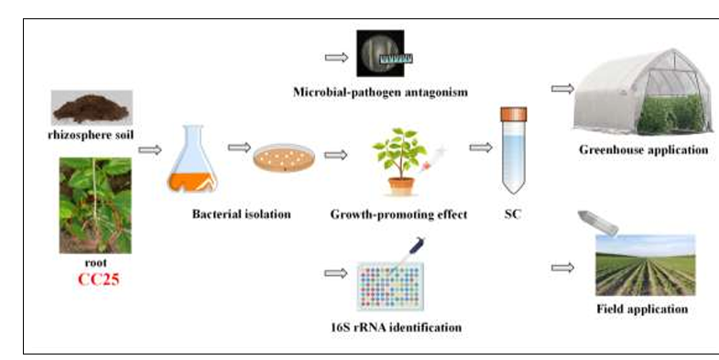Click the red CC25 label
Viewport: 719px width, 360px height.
(x=99, y=279)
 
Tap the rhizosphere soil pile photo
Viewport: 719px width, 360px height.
(x=92, y=108)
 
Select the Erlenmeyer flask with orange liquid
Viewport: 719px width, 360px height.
(x=192, y=158)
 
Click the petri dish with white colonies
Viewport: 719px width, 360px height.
(x=284, y=158)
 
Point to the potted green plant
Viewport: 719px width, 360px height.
(x=400, y=161)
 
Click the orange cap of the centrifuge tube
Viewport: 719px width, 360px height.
(x=514, y=115)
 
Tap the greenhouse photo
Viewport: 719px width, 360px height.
(x=643, y=92)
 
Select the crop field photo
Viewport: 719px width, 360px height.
(x=645, y=265)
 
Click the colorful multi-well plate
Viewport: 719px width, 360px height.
(x=390, y=287)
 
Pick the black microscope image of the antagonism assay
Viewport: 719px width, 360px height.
(x=381, y=53)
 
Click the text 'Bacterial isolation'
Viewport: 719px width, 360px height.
(x=241, y=214)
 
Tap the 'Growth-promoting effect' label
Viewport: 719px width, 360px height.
(x=398, y=214)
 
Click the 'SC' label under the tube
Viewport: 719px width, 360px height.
(x=513, y=214)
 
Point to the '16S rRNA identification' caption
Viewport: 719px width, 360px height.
(x=397, y=327)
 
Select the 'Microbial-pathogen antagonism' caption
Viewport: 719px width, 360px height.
(x=381, y=93)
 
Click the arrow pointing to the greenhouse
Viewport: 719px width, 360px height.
(x=562, y=89)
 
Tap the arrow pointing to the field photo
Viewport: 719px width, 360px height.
(x=562, y=267)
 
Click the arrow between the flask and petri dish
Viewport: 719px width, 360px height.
(x=239, y=147)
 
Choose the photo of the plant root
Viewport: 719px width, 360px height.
(x=95, y=205)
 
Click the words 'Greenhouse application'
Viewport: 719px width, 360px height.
(x=643, y=150)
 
